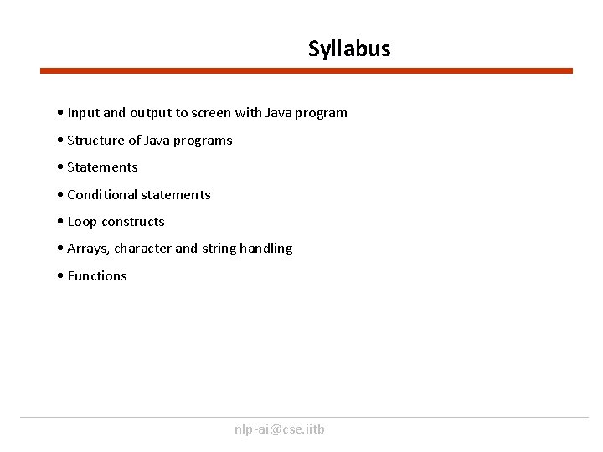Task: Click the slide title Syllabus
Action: tap(348, 49)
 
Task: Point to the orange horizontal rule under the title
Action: tap(307, 71)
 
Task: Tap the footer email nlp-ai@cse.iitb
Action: tap(280, 429)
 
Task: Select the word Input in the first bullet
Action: tap(83, 112)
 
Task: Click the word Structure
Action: tap(95, 140)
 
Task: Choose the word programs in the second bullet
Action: tap(205, 140)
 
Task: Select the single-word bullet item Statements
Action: tap(102, 167)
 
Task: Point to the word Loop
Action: tap(81, 222)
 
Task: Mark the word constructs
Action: tap(133, 222)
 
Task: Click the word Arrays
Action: tap(87, 249)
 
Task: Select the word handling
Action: tap(266, 249)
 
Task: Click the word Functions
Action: tap(97, 276)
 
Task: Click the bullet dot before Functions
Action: tap(61, 276)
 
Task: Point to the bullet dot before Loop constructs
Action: tap(61, 222)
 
